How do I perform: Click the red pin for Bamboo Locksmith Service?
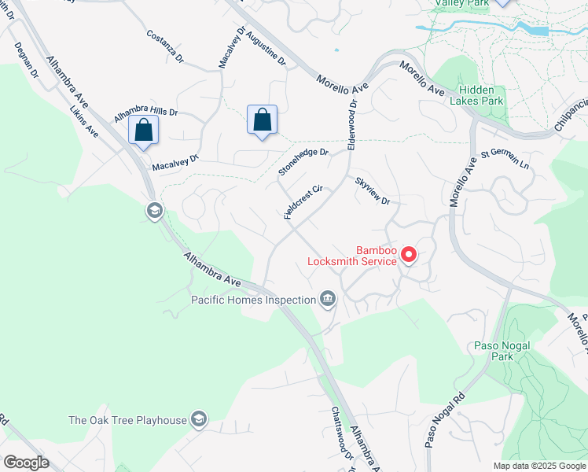[409, 254]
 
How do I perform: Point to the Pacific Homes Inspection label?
[252, 299]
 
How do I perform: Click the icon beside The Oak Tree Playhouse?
[200, 419]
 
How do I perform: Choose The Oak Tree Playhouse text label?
[128, 420]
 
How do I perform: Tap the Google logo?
[26, 463]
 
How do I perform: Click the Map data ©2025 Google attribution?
[538, 466]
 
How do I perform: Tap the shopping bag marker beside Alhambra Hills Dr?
[144, 130]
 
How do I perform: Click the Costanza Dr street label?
[164, 46]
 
